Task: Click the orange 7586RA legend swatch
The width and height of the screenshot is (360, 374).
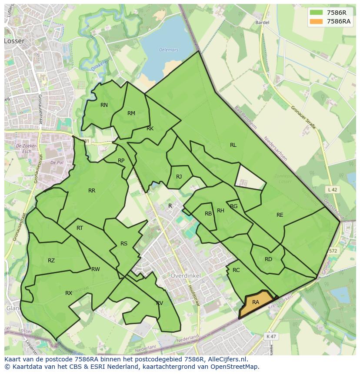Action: pos(317,21)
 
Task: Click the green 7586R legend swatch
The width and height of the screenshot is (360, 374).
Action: pos(317,13)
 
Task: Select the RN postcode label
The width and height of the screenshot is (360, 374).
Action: pos(104,105)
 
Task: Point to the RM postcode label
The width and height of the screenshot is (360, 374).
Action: pos(131,113)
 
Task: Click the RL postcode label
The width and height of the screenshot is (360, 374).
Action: pos(233,145)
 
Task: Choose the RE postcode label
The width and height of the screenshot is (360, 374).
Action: pos(280,215)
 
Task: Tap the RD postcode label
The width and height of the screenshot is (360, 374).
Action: pos(268,259)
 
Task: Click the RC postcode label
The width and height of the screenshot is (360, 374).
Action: pos(236,270)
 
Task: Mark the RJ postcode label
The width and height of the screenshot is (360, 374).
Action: pos(179,177)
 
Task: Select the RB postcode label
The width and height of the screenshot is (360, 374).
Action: pos(208,214)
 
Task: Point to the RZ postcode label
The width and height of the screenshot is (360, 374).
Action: pos(51,261)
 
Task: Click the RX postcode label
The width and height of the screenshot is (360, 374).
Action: pos(69,293)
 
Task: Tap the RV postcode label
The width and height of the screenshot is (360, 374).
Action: pos(160,303)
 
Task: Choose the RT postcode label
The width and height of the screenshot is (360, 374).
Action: pos(80,228)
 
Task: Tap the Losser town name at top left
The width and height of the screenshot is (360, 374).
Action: pos(14,41)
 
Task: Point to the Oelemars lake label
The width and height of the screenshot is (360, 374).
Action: pos(169,50)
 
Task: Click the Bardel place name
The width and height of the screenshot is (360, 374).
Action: pos(263,23)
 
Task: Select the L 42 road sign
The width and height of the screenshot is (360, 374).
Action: pos(332,190)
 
